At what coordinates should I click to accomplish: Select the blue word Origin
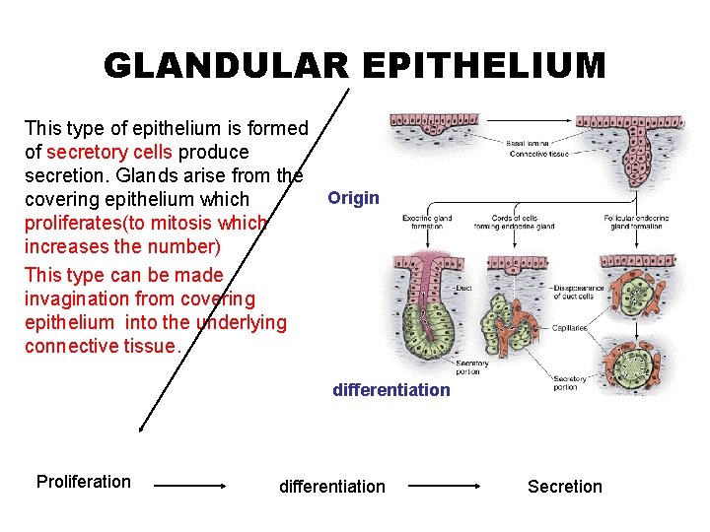353,198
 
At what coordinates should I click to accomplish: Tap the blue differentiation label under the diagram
390,389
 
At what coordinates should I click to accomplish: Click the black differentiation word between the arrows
332,486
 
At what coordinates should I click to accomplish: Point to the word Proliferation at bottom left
83,481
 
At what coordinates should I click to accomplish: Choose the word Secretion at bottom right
564,486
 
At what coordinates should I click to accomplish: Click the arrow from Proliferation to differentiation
193,486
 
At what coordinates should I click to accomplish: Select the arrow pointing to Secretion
445,486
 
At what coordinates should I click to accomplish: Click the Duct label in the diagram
463,289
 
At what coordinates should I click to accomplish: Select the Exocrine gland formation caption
427,222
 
